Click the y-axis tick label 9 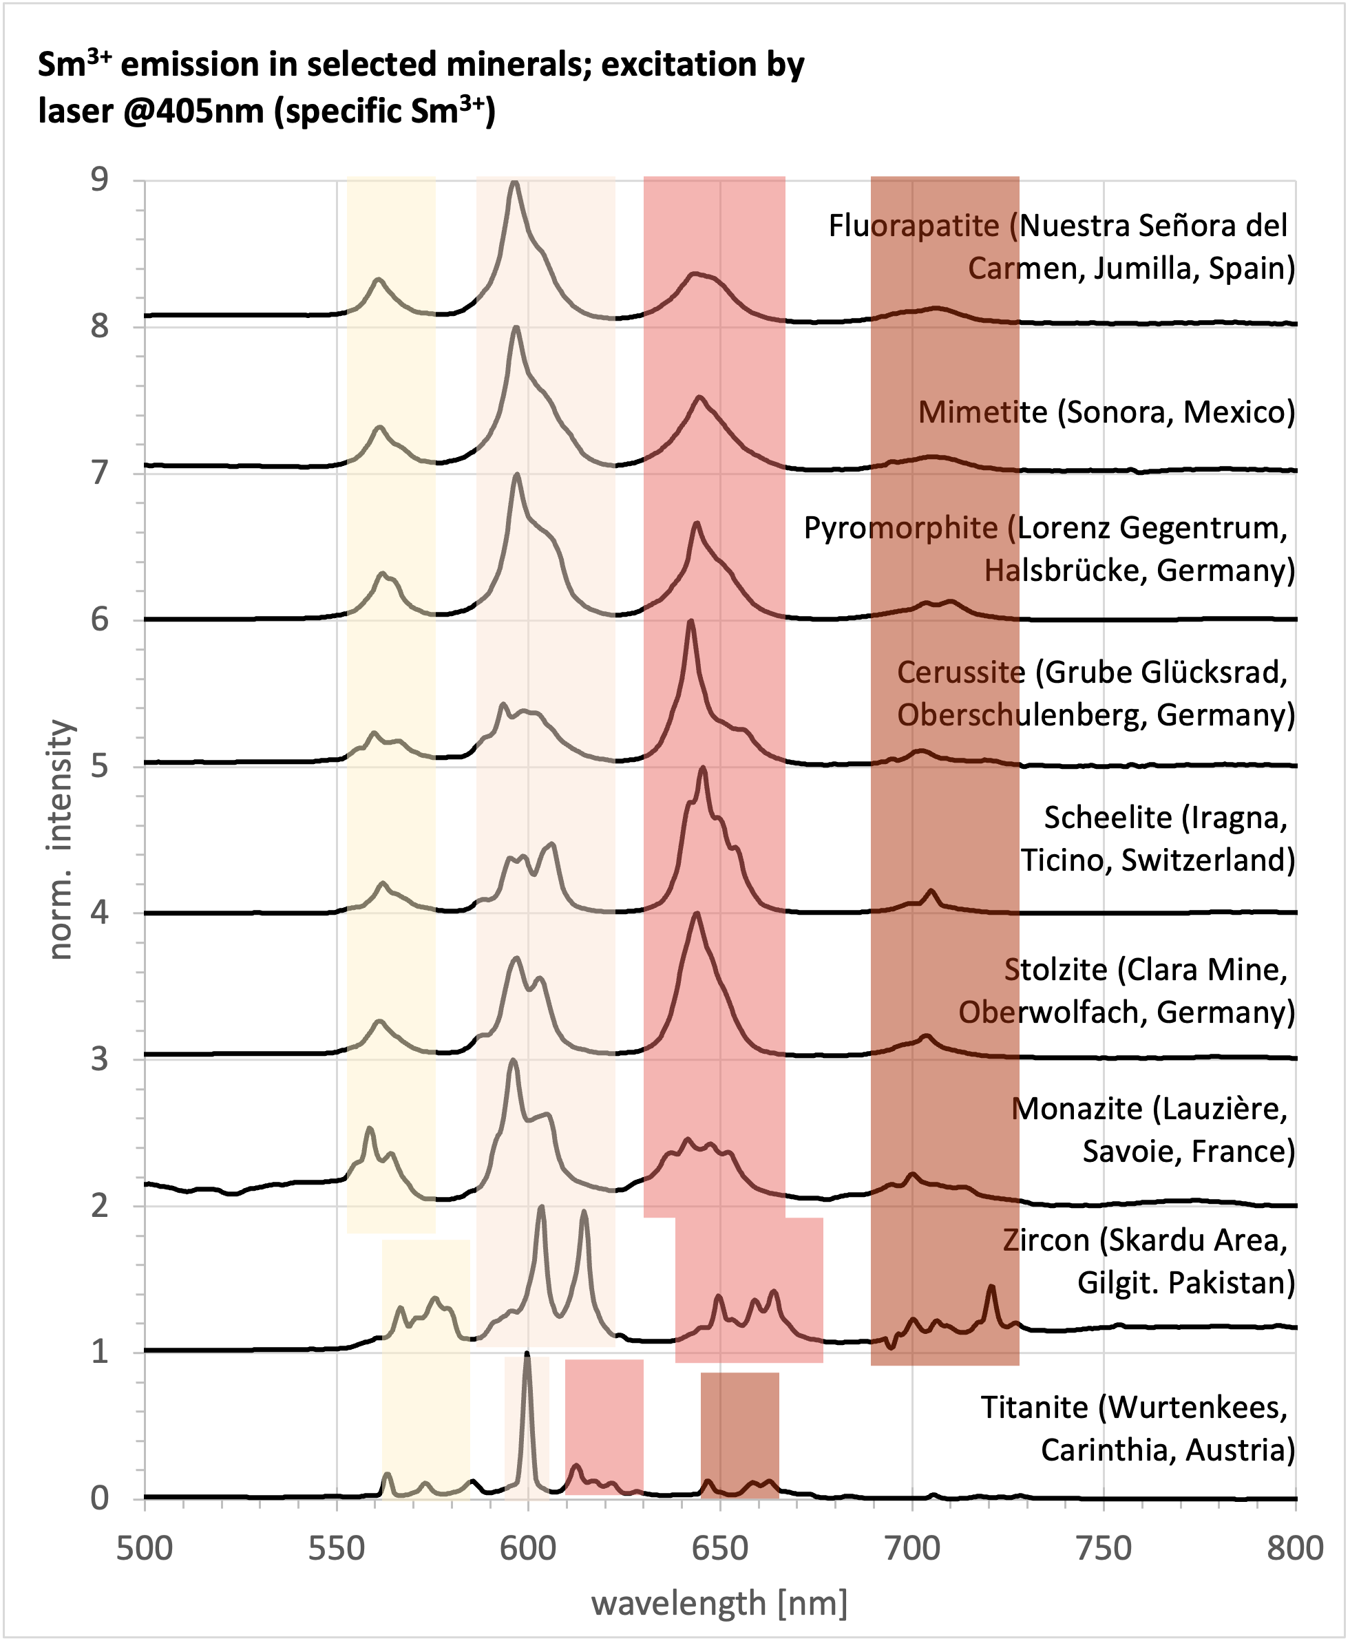tap(101, 180)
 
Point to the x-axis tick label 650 tap(719, 1549)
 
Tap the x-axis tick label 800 tap(1295, 1549)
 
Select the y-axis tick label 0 tap(101, 1498)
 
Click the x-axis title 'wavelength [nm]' tap(719, 1603)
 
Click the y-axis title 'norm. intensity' tap(60, 840)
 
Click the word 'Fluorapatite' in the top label tap(913, 226)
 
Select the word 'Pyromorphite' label tap(900, 528)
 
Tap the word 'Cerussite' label tap(960, 672)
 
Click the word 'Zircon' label tap(1045, 1240)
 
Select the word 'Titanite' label tap(1033, 1408)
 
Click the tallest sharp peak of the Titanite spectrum tap(527, 1356)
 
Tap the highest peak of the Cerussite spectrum tap(690, 622)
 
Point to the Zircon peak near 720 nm tap(991, 1288)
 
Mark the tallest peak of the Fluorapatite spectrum tap(514, 184)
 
